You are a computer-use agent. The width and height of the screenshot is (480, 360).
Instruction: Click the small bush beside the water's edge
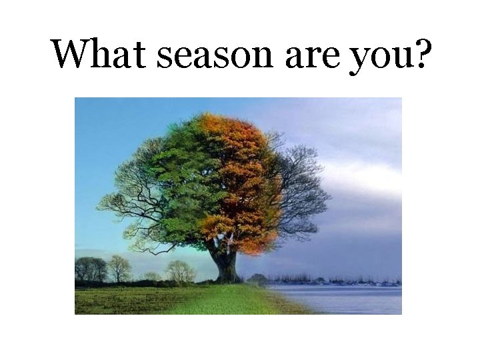257,279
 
